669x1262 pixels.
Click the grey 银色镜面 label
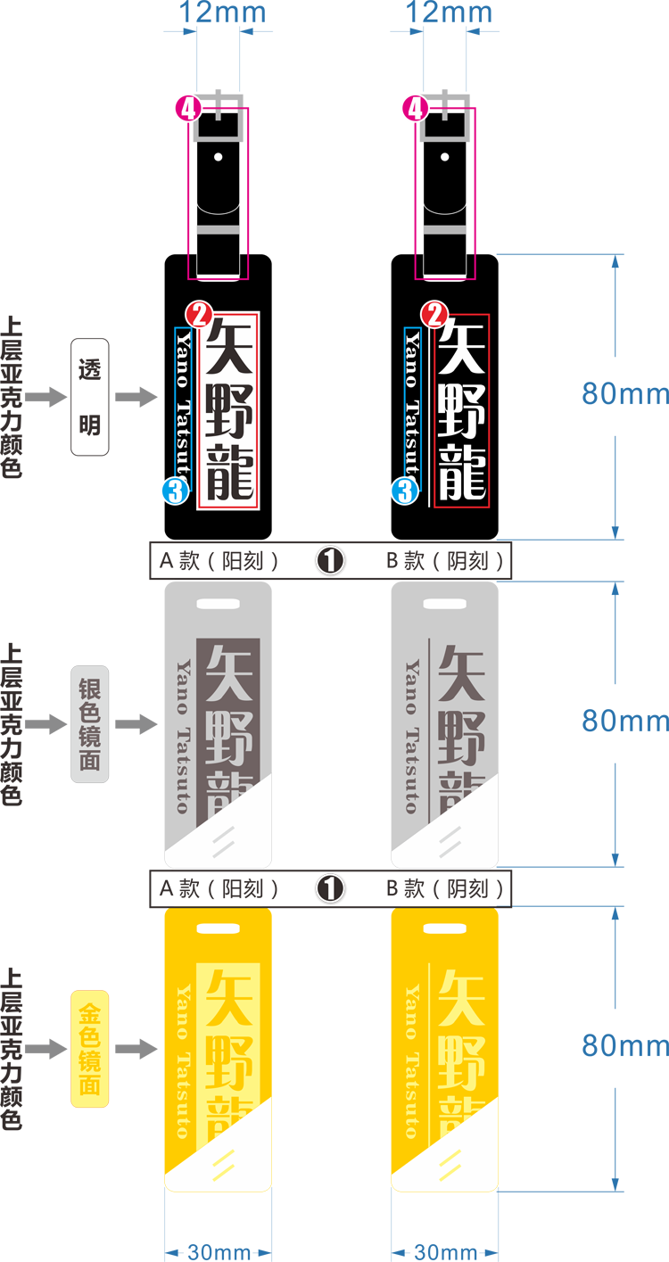coord(89,724)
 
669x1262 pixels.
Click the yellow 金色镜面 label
coord(89,1049)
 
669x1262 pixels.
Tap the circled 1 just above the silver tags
coord(330,560)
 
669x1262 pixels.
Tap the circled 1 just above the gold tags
coord(330,888)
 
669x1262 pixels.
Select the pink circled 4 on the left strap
coord(188,109)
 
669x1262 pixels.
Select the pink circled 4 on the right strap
coord(416,109)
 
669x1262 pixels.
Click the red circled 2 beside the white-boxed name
coord(198,314)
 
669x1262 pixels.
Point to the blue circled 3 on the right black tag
coord(405,490)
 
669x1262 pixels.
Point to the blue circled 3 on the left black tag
coord(176,490)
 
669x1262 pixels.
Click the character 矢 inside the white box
coord(229,346)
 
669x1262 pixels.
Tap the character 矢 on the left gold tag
coord(229,996)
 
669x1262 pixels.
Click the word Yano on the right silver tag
coord(411,687)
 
